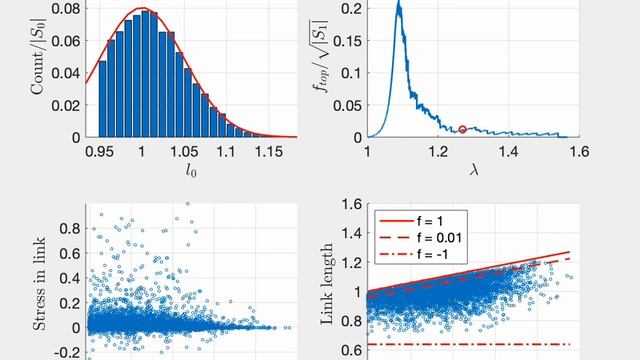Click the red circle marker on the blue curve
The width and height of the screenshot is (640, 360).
(462, 129)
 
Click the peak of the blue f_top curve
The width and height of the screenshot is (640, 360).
(399, 5)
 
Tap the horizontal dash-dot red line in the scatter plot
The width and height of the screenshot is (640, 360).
(470, 344)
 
